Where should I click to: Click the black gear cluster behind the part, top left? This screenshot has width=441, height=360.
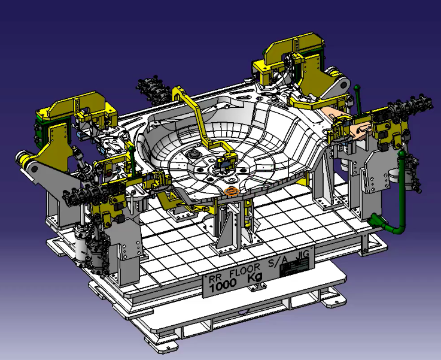click(150, 88)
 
